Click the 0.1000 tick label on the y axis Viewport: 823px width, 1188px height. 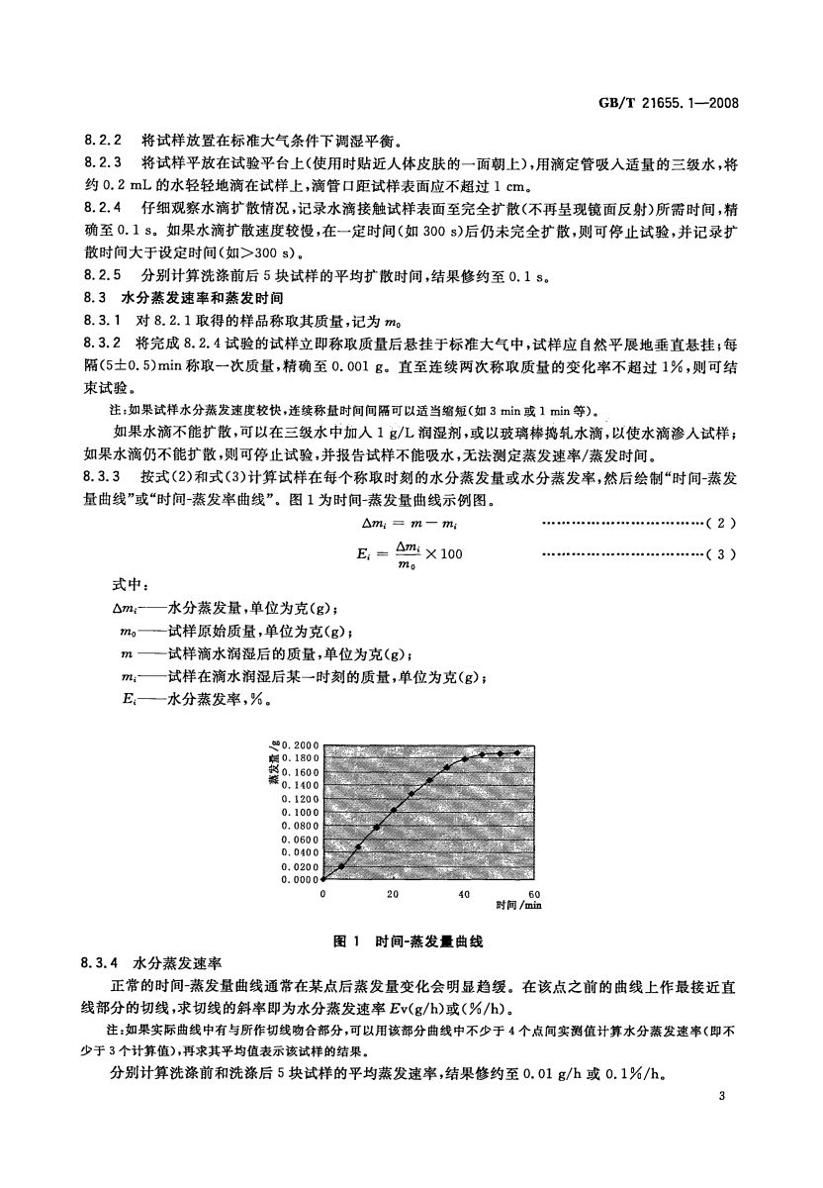click(x=300, y=811)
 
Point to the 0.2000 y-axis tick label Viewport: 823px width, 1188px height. click(x=300, y=743)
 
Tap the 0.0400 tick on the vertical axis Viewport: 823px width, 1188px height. click(x=300, y=851)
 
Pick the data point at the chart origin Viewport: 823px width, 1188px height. click(x=323, y=878)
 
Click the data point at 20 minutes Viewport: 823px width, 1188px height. click(x=394, y=809)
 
